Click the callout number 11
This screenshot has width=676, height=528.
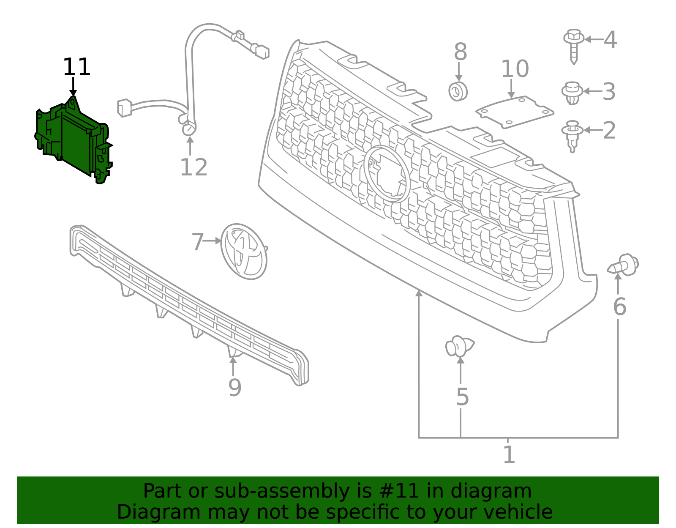[x=76, y=67]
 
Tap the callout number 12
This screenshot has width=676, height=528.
[x=194, y=167]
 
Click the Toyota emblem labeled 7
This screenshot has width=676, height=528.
[x=244, y=252]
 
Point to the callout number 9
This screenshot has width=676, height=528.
[x=234, y=388]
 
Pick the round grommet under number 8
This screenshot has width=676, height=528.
[x=458, y=91]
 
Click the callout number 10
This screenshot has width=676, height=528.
[x=515, y=69]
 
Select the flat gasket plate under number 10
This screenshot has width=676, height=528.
[x=515, y=112]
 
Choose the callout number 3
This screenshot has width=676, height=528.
[x=609, y=91]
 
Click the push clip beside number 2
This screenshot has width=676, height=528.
[x=572, y=135]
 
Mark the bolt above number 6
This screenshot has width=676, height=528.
[x=624, y=265]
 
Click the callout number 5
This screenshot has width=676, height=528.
[x=462, y=397]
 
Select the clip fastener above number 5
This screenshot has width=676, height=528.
[x=459, y=346]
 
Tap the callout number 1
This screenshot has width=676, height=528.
[x=509, y=455]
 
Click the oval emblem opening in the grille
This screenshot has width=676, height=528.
[x=387, y=174]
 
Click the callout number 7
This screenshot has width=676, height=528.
[x=197, y=242]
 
